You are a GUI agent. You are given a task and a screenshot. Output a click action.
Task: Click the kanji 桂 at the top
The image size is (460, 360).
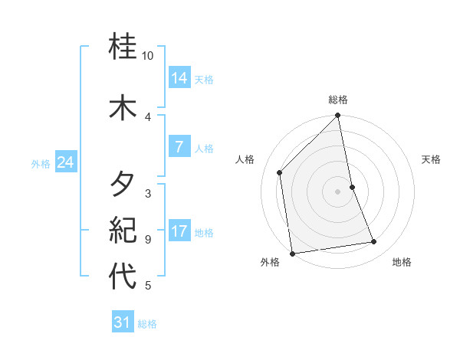(123, 47)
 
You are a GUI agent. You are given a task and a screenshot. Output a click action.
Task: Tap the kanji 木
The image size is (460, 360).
(123, 106)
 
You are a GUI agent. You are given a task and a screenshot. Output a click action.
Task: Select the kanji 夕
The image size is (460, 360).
(123, 185)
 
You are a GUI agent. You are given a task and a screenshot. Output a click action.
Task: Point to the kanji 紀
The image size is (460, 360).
(123, 229)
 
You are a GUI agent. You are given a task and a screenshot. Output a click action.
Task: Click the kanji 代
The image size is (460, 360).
(123, 276)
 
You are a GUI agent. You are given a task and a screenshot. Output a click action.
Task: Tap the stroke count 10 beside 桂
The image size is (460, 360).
(148, 56)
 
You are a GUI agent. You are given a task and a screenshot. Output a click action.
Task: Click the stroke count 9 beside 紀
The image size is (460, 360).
(148, 239)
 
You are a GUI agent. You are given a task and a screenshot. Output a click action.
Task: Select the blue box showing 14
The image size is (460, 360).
(179, 78)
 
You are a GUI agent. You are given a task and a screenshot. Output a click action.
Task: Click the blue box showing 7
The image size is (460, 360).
(179, 147)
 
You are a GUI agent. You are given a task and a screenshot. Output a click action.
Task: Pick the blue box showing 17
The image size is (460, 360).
(179, 231)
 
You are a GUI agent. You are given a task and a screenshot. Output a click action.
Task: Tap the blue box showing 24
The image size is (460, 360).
(66, 162)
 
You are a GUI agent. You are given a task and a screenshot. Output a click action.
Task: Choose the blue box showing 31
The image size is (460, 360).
(123, 322)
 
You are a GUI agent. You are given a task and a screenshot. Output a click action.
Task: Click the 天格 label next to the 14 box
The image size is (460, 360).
(204, 80)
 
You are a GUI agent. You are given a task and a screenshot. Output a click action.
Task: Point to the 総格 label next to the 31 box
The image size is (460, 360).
(147, 324)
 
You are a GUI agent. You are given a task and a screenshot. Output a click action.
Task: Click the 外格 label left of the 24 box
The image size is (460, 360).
(41, 163)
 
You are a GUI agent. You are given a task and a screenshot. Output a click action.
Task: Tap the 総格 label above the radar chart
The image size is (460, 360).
(338, 100)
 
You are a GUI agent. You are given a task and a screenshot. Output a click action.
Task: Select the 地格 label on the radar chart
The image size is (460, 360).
(402, 262)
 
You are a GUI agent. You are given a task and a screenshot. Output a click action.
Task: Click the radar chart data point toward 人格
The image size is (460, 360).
(280, 172)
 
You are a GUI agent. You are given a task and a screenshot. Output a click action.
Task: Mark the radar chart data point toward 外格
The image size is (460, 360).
(292, 253)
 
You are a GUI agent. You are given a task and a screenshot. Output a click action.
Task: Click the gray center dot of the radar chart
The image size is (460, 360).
(337, 191)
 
